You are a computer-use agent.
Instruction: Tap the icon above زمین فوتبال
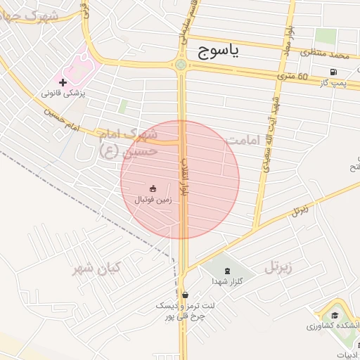[153, 188]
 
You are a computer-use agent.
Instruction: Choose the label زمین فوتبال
[153, 199]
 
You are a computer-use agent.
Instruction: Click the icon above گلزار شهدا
[226, 271]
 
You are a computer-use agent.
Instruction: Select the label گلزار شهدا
[226, 281]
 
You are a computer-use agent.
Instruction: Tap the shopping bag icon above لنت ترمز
[184, 295]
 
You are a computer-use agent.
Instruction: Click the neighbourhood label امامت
[243, 141]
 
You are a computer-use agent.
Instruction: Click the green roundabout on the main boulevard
[181, 65]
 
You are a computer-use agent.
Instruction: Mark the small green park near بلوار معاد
[325, 35]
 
